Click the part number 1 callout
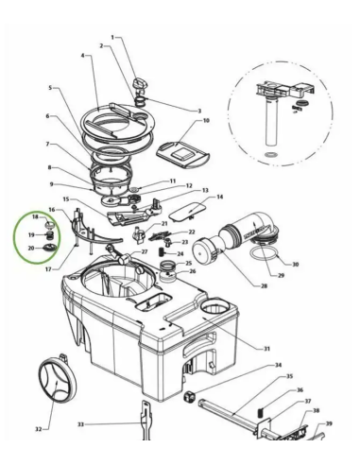112,38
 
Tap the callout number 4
83,57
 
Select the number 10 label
207,122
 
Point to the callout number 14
219,197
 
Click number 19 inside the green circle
31,233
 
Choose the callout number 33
80,424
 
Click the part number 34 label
277,365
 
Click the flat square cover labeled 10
178,150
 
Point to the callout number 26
192,272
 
